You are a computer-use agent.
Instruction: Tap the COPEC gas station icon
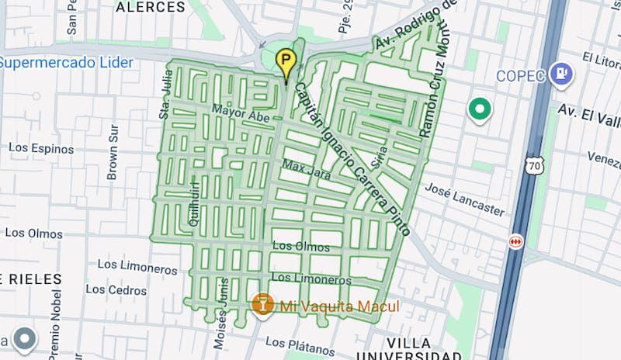(x=559, y=75)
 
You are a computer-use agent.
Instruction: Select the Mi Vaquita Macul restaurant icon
(x=263, y=303)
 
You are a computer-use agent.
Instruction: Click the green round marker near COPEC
(x=479, y=110)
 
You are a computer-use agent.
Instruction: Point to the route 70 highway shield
(x=533, y=165)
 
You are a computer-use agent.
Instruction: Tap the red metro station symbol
(x=515, y=241)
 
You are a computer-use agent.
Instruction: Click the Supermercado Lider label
(x=67, y=63)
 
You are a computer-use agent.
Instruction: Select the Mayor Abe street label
(x=239, y=113)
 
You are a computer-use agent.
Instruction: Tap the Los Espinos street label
(x=41, y=148)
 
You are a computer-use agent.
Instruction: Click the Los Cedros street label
(x=116, y=289)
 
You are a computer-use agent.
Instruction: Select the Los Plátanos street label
(x=298, y=341)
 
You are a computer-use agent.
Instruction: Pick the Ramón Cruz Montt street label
(x=435, y=80)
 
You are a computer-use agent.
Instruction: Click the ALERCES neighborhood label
(x=151, y=8)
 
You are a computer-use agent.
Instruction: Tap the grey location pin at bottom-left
(x=25, y=339)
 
